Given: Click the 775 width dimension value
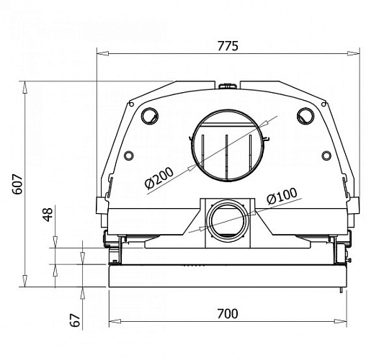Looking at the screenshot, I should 228,45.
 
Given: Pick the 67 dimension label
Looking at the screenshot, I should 76,320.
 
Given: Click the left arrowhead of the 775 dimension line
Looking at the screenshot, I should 101,53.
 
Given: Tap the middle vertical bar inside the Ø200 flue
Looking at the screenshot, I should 226,155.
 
